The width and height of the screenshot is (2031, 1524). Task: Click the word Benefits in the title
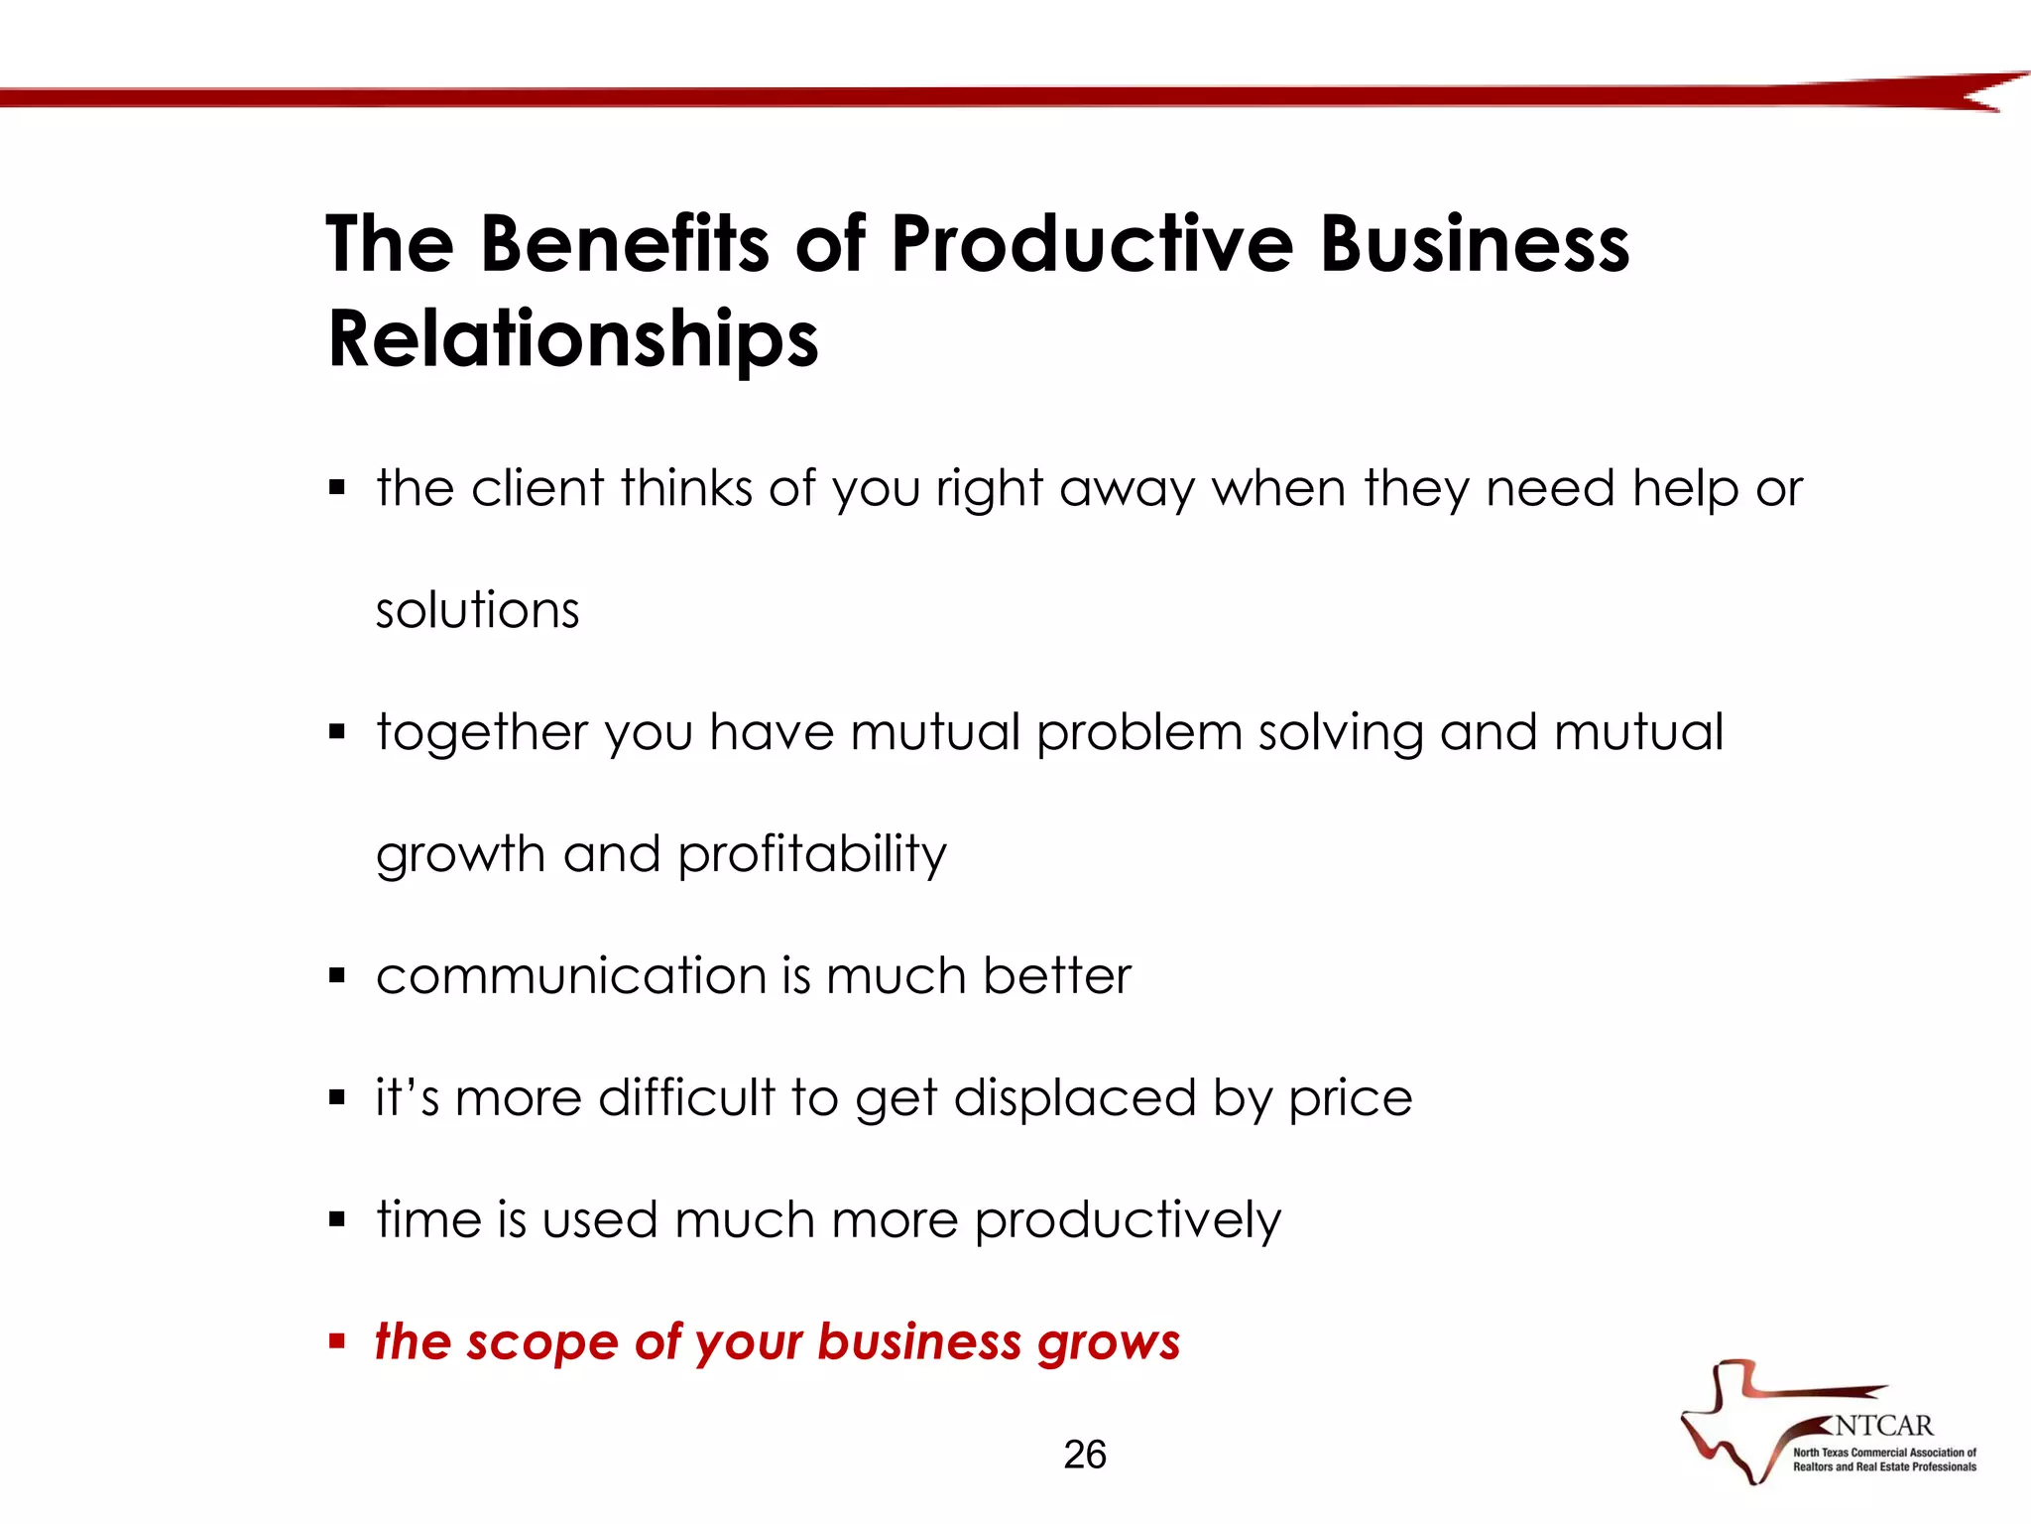coord(624,244)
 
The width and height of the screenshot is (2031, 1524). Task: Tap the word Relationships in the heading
coord(573,339)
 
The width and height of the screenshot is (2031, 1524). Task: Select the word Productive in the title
coord(1092,244)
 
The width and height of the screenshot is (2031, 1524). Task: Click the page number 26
coord(1084,1455)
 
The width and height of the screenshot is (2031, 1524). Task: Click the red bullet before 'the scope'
coord(337,1342)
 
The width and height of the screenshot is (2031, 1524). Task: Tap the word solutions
coord(477,609)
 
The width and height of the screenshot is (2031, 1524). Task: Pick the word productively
coord(1128,1221)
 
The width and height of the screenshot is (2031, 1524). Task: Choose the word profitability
coord(812,854)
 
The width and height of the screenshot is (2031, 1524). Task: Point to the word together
coord(482,733)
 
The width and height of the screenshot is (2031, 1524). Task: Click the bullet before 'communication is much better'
coord(337,976)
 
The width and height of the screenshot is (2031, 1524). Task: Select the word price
coord(1350,1099)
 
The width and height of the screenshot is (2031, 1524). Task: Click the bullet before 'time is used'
coord(337,1220)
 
